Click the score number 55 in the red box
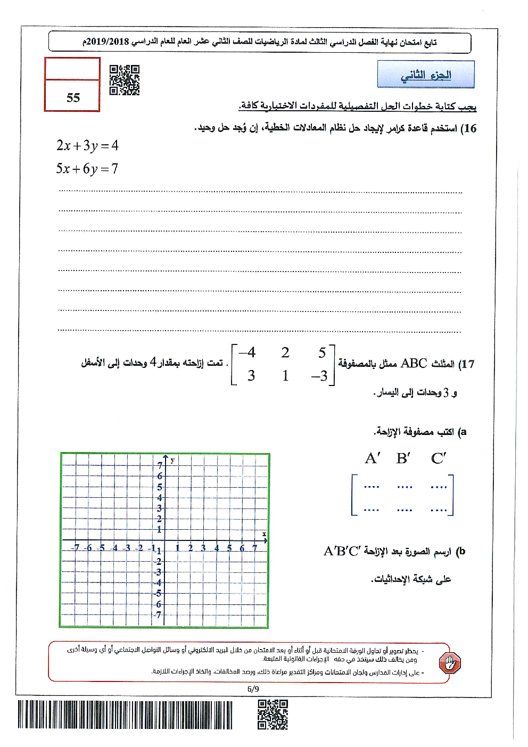tap(73, 97)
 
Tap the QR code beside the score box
tap(124, 80)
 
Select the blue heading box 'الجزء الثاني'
tap(425, 75)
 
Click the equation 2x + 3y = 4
tap(87, 145)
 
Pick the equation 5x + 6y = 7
tap(87, 169)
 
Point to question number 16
tap(468, 128)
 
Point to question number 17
tap(466, 364)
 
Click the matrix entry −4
tap(247, 352)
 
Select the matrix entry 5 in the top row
tap(321, 352)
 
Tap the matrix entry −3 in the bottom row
tap(319, 376)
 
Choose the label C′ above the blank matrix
tap(439, 458)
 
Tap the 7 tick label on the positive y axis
tap(159, 465)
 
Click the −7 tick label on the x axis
tap(76, 548)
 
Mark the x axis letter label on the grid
tap(264, 534)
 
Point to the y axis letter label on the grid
tap(172, 459)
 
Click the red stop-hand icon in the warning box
tap(450, 663)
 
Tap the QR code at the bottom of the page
tap(273, 715)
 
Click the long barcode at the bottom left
tap(125, 715)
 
